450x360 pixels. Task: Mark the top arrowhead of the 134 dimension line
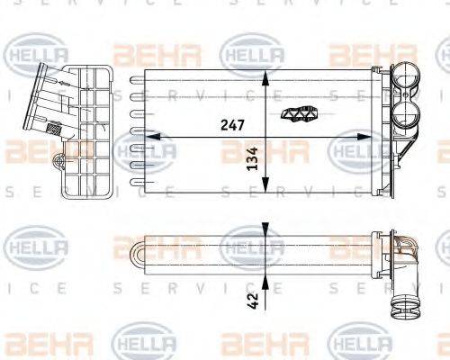263,73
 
